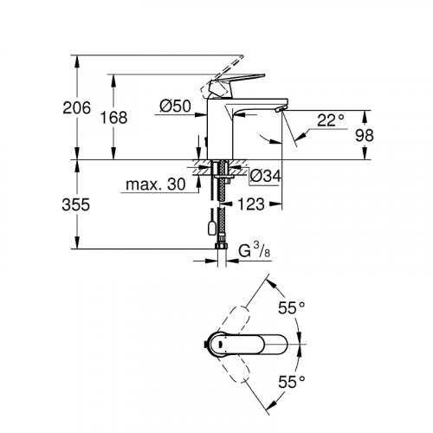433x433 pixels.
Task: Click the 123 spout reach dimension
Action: coord(249,206)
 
